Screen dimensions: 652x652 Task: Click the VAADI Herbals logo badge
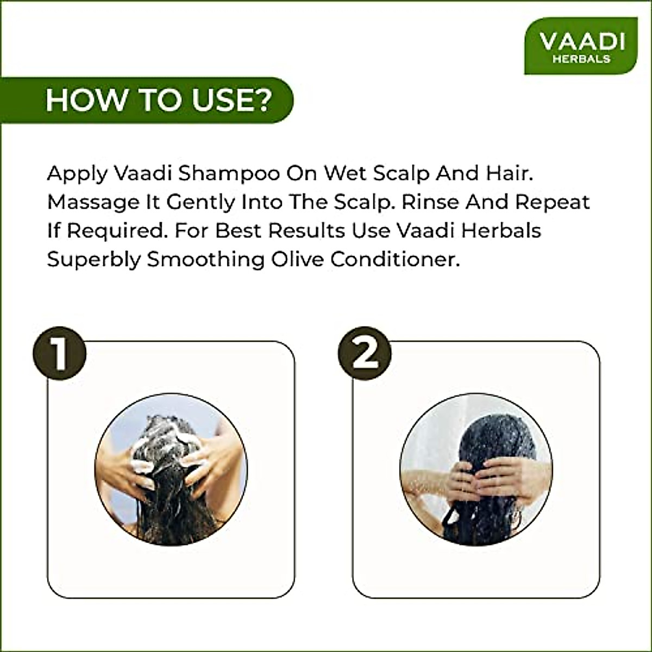pyautogui.click(x=581, y=46)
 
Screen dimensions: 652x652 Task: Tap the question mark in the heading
pyautogui.click(x=261, y=100)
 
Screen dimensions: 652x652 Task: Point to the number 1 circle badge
pyautogui.click(x=59, y=354)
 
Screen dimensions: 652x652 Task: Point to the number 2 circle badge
pyautogui.click(x=365, y=354)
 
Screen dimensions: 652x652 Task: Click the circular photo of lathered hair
pyautogui.click(x=171, y=469)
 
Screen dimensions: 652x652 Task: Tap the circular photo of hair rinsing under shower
pyautogui.click(x=476, y=469)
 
